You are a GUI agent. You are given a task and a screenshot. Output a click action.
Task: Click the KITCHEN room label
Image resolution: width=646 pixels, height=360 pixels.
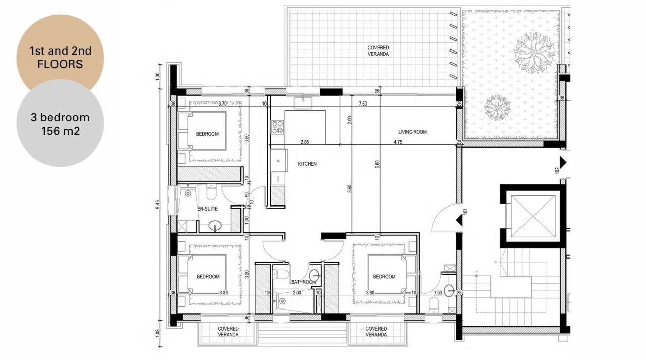(x=307, y=164)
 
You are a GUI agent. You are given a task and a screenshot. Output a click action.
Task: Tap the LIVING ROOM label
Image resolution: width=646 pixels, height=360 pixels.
(x=412, y=132)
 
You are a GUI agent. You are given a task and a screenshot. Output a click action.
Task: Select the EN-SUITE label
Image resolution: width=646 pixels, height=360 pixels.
(x=207, y=208)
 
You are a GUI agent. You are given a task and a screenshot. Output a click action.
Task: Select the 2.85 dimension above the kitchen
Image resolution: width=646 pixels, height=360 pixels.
(x=304, y=142)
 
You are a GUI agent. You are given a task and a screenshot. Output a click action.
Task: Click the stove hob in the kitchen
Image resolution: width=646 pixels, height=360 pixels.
(x=277, y=127)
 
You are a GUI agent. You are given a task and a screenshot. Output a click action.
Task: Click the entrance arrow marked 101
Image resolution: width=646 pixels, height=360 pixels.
(x=459, y=221)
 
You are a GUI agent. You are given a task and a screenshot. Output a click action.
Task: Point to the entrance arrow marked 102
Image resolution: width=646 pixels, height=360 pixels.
(x=564, y=162)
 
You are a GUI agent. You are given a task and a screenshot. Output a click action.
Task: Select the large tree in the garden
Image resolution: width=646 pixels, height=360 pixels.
(x=531, y=52)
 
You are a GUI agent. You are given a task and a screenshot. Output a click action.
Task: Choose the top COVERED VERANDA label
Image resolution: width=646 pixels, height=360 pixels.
(x=378, y=50)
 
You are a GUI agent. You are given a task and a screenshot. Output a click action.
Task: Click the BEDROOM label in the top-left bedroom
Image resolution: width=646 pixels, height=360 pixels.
(x=207, y=134)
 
